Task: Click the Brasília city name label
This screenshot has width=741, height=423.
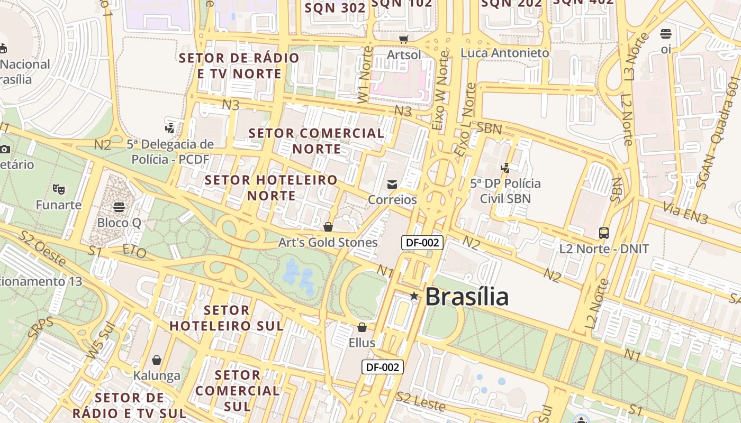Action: [466, 297]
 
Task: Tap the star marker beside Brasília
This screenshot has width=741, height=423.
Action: [414, 296]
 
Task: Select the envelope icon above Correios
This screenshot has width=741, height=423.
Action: [392, 184]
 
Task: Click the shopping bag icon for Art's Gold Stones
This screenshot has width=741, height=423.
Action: [328, 227]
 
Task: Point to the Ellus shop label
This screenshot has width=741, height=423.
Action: [362, 343]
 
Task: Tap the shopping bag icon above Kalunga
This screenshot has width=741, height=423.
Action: [157, 360]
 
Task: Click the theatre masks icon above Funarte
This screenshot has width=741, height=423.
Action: [58, 189]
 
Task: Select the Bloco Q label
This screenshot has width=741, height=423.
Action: [119, 223]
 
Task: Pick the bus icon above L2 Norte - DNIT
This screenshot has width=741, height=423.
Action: [604, 233]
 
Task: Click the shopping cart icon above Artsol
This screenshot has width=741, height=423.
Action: [404, 39]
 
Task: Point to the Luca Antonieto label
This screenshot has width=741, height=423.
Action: [505, 53]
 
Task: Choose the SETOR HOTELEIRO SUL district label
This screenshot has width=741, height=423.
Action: [227, 318]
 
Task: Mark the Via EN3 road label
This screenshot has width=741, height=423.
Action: [685, 214]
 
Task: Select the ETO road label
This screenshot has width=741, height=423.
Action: [134, 251]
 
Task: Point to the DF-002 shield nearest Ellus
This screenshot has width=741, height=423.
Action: [383, 367]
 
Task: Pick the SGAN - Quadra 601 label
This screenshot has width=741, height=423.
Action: [717, 132]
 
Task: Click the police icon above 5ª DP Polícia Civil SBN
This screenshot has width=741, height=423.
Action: [505, 168]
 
